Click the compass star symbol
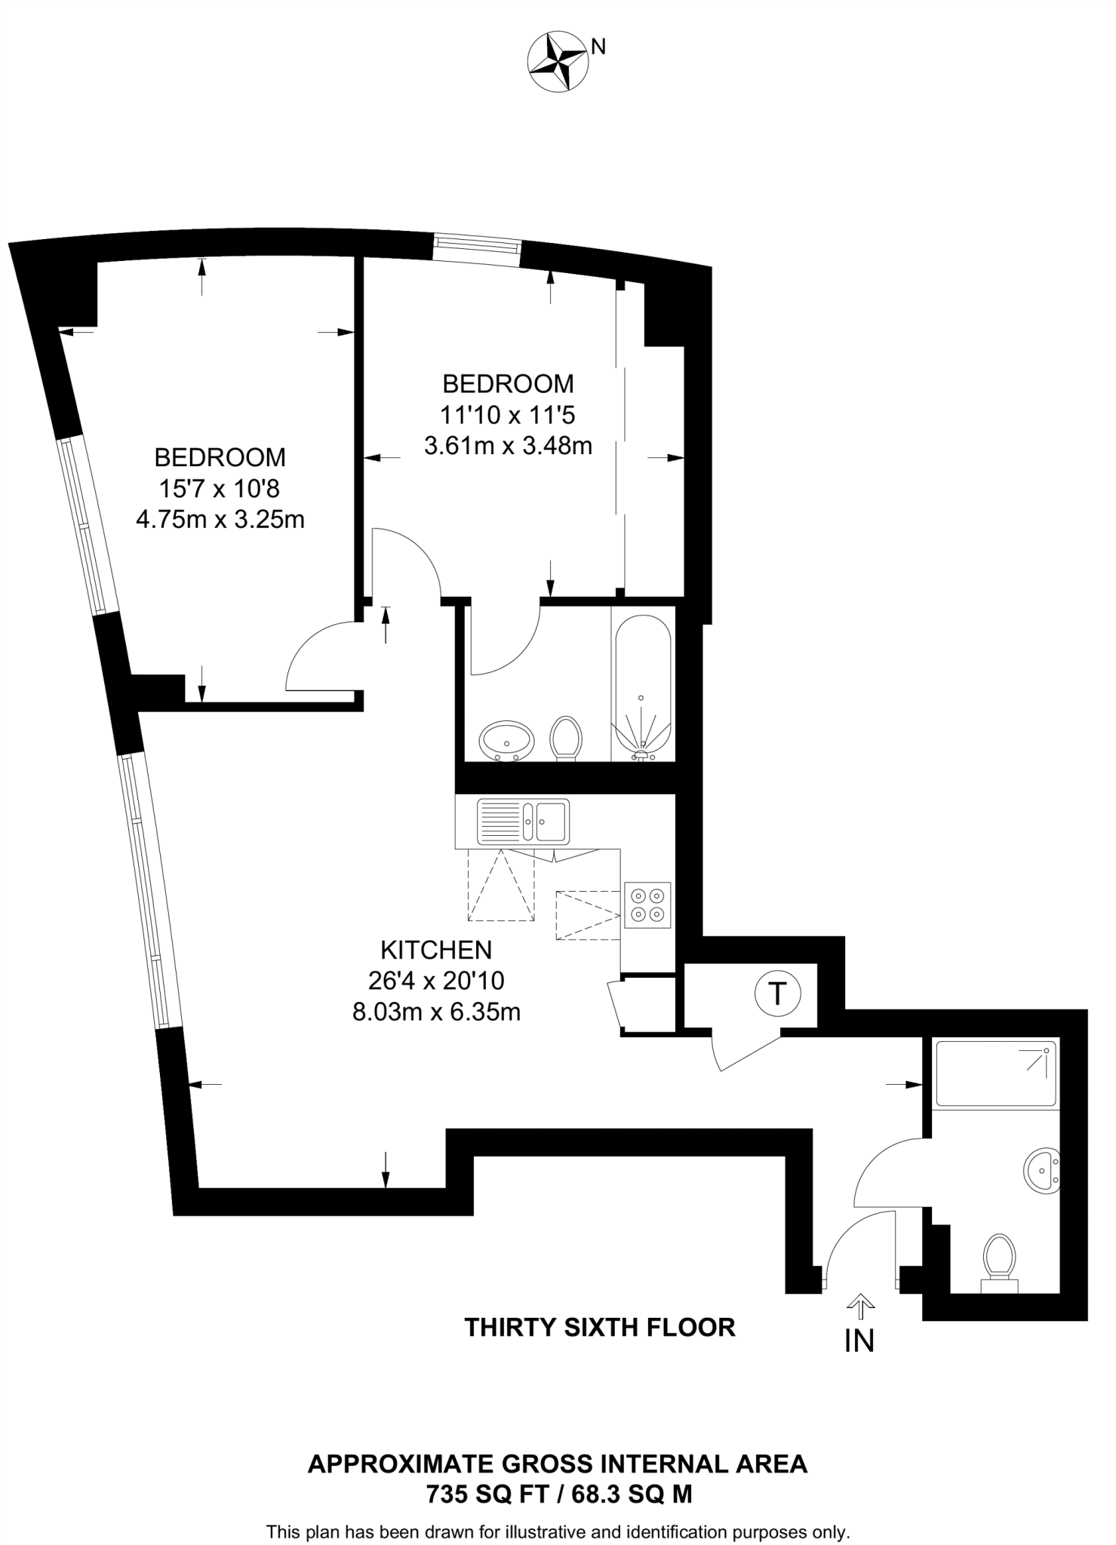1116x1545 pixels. pyautogui.click(x=558, y=63)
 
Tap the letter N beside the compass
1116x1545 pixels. pyautogui.click(x=598, y=47)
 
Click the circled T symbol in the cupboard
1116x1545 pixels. pyautogui.click(x=777, y=993)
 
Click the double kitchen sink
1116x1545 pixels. pyautogui.click(x=523, y=821)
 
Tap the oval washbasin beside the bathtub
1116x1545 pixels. pyautogui.click(x=507, y=740)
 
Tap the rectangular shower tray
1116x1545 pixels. pyautogui.click(x=995, y=1072)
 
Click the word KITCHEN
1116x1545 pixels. pyautogui.click(x=436, y=949)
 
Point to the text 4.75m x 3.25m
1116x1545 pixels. pyautogui.click(x=220, y=520)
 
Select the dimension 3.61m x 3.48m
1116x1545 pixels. pyautogui.click(x=508, y=446)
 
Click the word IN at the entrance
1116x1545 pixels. pyautogui.click(x=859, y=1340)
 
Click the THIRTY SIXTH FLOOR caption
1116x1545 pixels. pyautogui.click(x=600, y=1327)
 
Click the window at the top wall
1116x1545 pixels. pyautogui.click(x=477, y=249)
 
